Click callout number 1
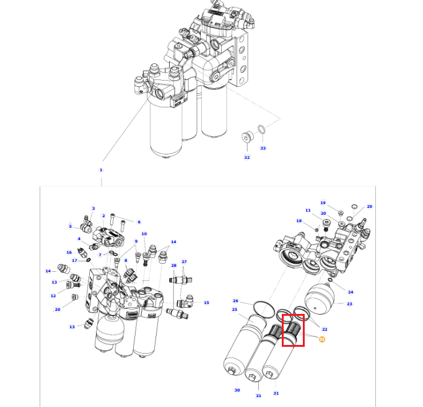pyautogui.click(x=101, y=170)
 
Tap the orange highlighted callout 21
pyautogui.click(x=322, y=339)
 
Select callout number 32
pyautogui.click(x=247, y=158)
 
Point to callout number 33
pyautogui.click(x=263, y=148)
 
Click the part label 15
pyautogui.click(x=206, y=303)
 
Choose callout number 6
pyautogui.click(x=139, y=222)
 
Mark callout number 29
pyautogui.click(x=369, y=207)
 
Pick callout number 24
pyautogui.click(x=351, y=292)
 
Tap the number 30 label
pyautogui.click(x=237, y=390)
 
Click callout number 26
pyautogui.click(x=235, y=301)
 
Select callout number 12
pyautogui.click(x=53, y=296)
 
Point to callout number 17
pyautogui.click(x=75, y=261)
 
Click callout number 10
pyautogui.click(x=144, y=234)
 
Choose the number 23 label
pyautogui.click(x=349, y=304)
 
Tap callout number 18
pyautogui.click(x=299, y=221)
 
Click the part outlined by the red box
pyautogui.click(x=293, y=330)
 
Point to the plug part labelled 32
pyautogui.click(x=247, y=137)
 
